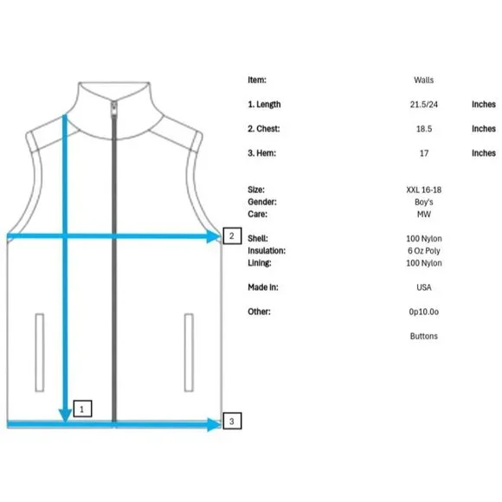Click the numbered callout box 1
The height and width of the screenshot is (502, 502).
82,409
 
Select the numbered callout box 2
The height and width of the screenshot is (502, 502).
232,236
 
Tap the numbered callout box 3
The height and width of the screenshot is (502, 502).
232,421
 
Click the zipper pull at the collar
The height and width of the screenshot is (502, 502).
114,108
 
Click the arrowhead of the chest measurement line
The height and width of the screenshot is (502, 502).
214,236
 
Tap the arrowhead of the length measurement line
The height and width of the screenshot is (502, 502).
65,415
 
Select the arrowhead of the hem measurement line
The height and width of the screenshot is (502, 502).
214,424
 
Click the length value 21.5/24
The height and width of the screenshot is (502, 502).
423,105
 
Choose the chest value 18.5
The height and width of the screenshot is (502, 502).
424,129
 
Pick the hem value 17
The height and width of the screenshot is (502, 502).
424,153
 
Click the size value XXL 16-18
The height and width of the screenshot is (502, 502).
423,190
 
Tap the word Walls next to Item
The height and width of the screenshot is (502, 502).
423,80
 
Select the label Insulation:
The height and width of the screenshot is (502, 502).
267,251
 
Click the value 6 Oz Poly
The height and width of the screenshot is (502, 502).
424,251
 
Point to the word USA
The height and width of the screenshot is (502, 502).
424,287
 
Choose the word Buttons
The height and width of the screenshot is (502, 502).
423,336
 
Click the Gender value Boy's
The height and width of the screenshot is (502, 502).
423,202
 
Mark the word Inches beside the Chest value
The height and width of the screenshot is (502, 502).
484,129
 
